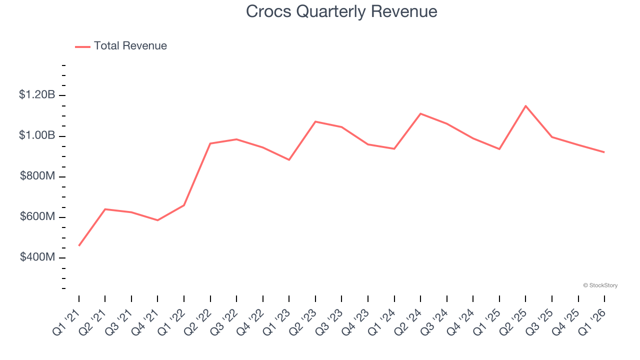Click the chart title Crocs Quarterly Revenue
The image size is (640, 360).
pyautogui.click(x=341, y=11)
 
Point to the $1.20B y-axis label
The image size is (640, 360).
pyautogui.click(x=37, y=94)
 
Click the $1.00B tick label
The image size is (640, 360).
pyautogui.click(x=37, y=135)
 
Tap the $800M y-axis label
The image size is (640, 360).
pyautogui.click(x=37, y=176)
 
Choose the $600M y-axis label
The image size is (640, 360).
pyautogui.click(x=37, y=216)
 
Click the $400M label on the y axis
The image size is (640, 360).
pyautogui.click(x=37, y=257)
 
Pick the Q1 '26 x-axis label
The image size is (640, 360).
pyautogui.click(x=593, y=321)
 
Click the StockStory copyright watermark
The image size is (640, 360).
pyautogui.click(x=600, y=285)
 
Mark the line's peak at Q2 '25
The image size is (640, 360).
pyautogui.click(x=525, y=106)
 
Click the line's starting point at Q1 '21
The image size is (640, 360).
pyautogui.click(x=79, y=245)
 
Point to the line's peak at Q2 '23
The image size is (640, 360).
pyautogui.click(x=315, y=121)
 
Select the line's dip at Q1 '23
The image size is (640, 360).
pyautogui.click(x=289, y=160)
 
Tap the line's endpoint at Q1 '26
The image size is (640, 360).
pyautogui.click(x=604, y=152)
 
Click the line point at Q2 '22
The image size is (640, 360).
pyautogui.click(x=210, y=143)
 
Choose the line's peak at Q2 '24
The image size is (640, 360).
pyautogui.click(x=420, y=113)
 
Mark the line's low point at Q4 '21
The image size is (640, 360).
pyautogui.click(x=157, y=220)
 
